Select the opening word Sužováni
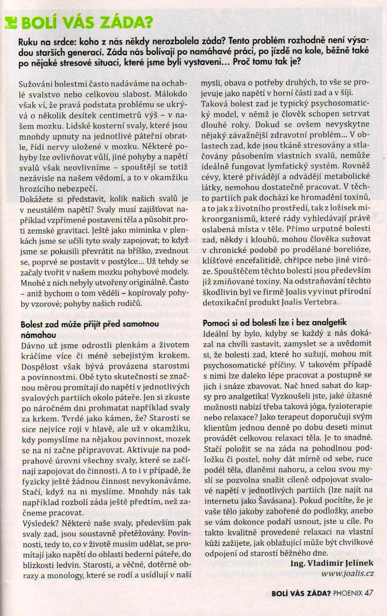click(35, 84)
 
